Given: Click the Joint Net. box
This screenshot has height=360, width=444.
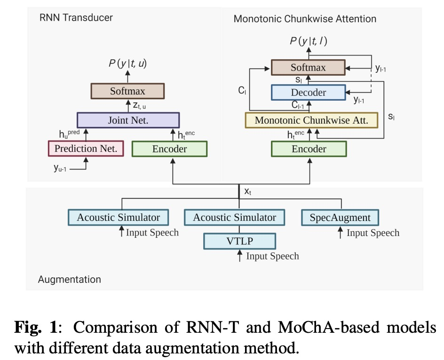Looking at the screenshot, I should tap(128, 120).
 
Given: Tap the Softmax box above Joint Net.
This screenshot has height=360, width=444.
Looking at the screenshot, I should tap(128, 91).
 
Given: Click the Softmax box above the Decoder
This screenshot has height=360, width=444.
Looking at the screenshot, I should tap(308, 67).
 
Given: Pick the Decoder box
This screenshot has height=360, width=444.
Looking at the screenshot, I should tap(308, 92).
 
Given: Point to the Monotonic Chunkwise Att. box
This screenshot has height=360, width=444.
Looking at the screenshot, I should tap(311, 120).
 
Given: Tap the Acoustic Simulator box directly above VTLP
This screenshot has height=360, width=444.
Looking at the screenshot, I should tap(234, 218).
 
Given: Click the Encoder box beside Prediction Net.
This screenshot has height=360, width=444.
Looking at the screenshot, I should tap(169, 149).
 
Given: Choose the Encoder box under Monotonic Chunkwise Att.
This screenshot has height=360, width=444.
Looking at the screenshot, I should tap(309, 149).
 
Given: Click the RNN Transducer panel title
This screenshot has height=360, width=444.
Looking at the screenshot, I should tap(76, 18).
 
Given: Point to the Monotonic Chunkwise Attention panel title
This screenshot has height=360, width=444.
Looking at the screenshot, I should tap(305, 19).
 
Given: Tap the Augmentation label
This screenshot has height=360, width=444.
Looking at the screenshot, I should tap(69, 279).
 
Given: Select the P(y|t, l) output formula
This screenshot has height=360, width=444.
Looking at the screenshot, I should tap(309, 41).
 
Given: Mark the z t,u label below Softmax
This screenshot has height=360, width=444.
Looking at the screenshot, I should tap(138, 106).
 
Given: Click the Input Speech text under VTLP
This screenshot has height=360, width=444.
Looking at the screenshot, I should tap(272, 256).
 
